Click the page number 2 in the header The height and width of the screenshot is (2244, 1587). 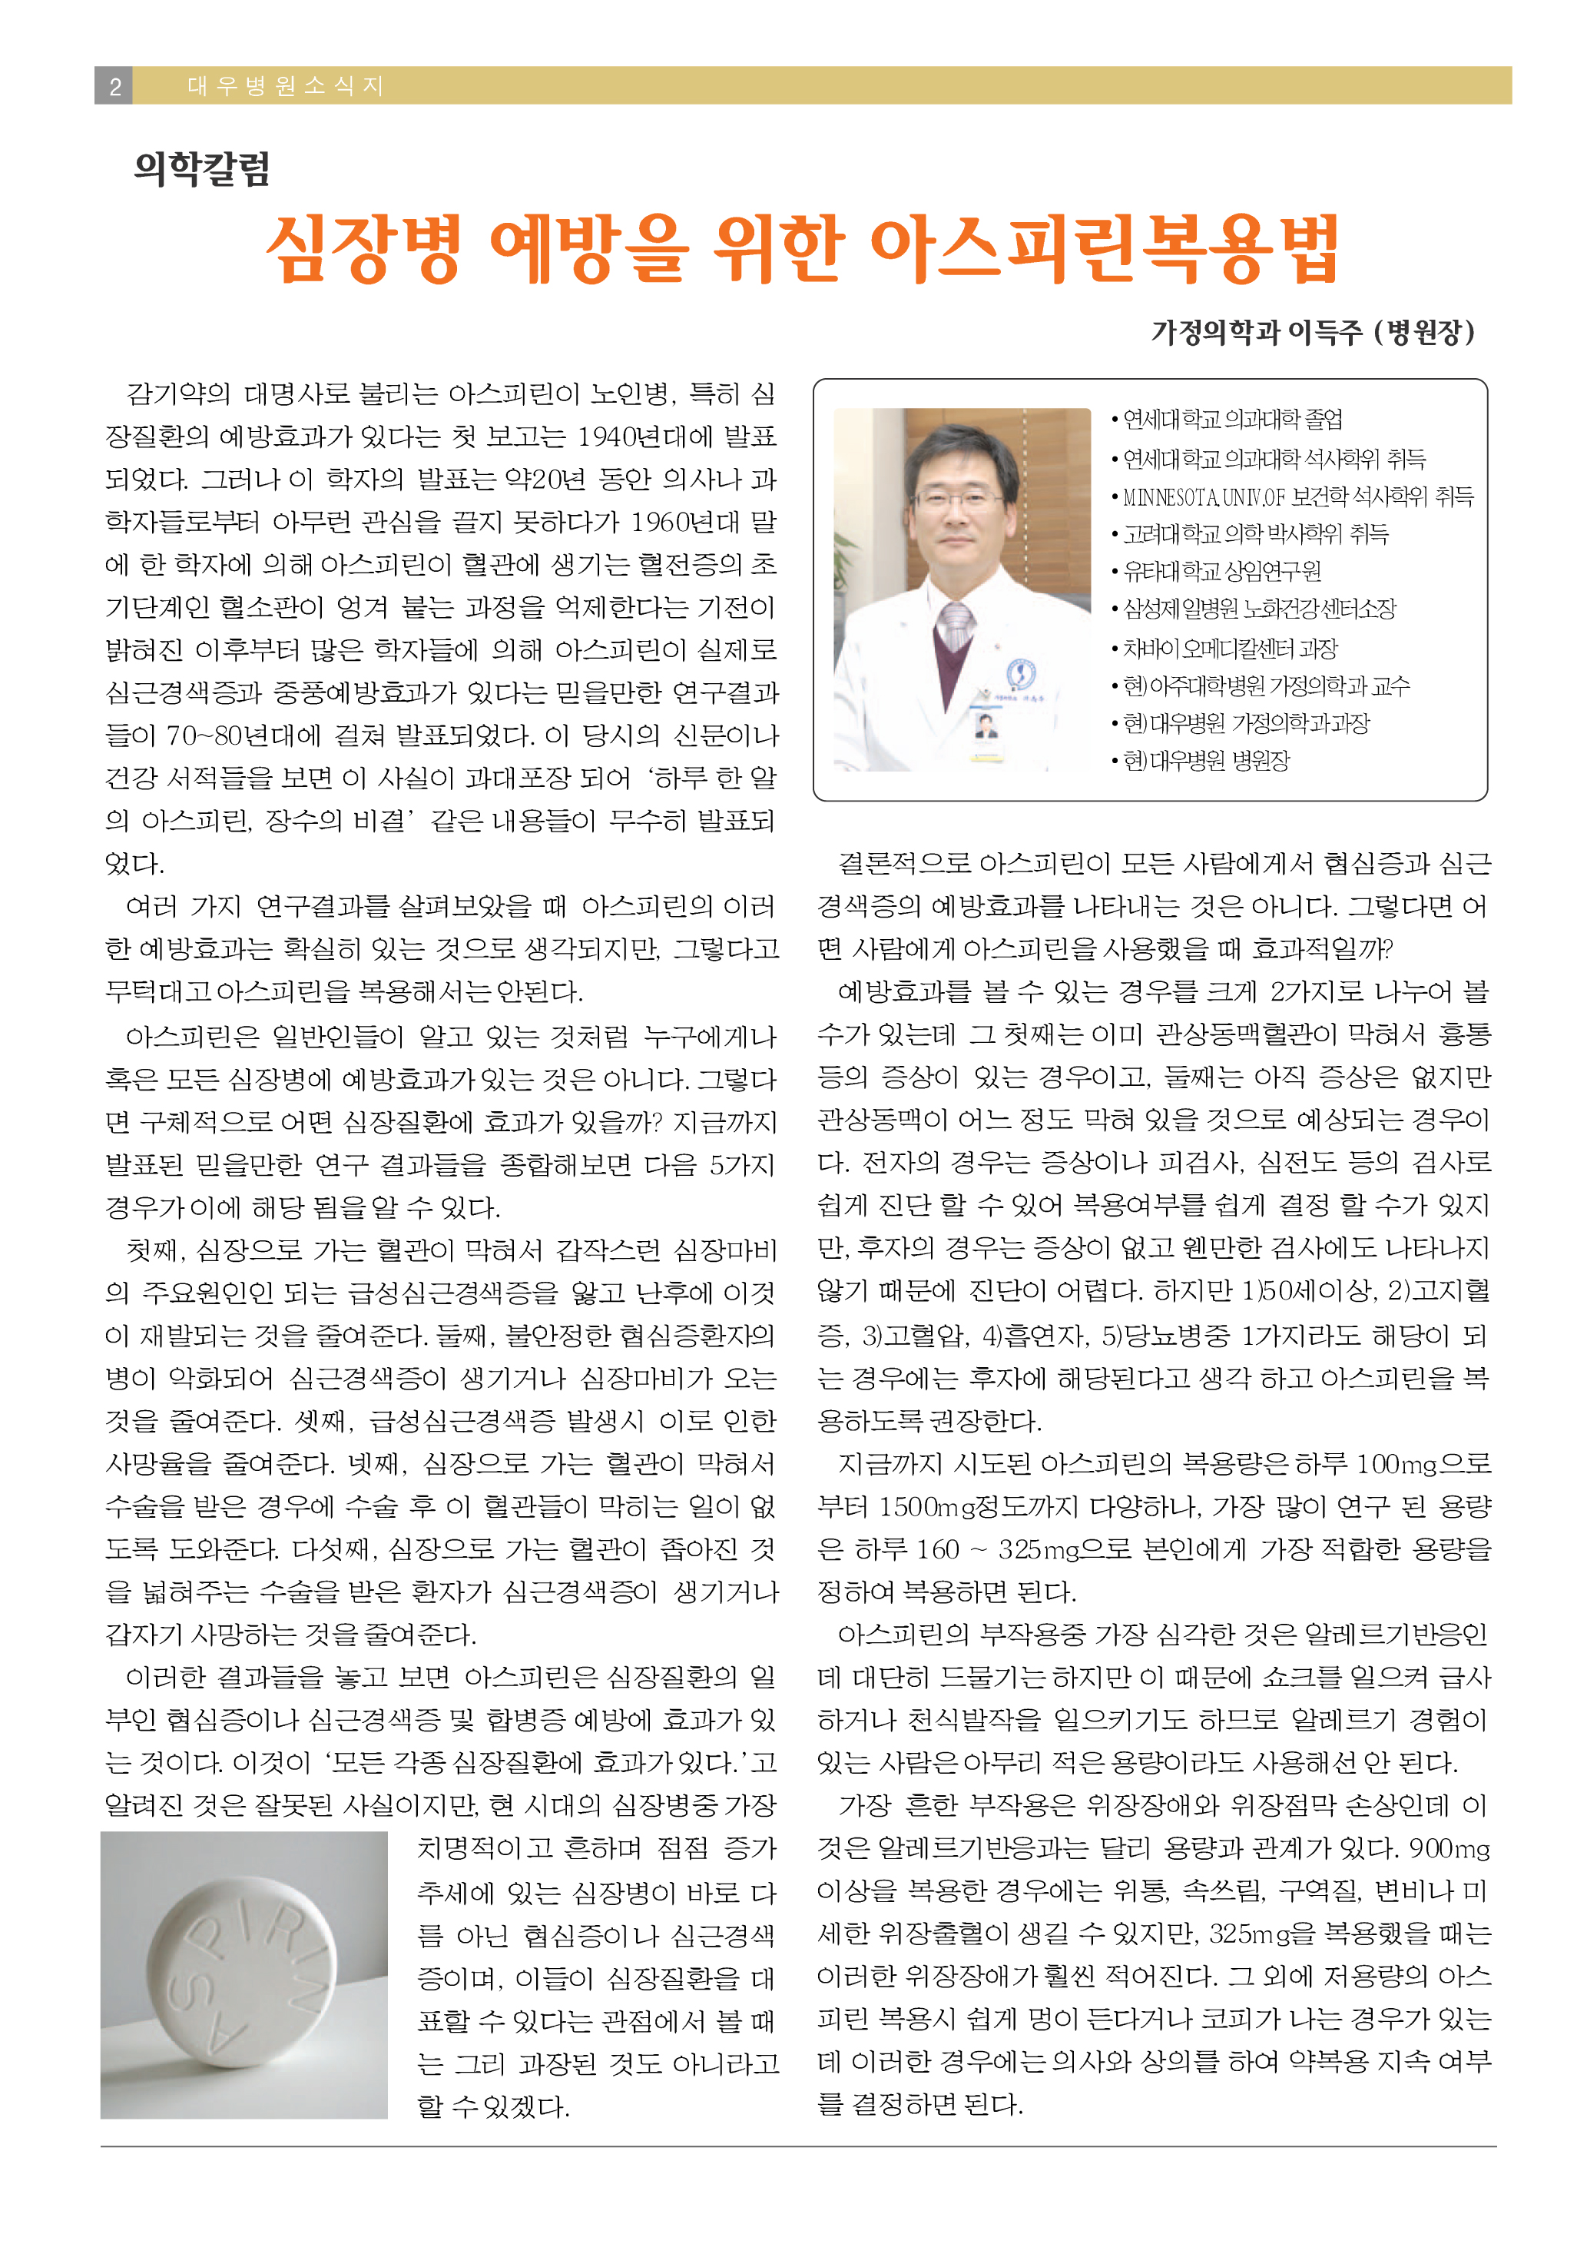(x=114, y=86)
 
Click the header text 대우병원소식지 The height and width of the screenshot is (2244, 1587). (x=284, y=86)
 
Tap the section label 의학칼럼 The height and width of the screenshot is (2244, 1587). (x=202, y=169)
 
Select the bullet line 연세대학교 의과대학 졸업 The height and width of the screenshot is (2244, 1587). (x=1232, y=420)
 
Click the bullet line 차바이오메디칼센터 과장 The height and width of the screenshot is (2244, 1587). (x=1229, y=648)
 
